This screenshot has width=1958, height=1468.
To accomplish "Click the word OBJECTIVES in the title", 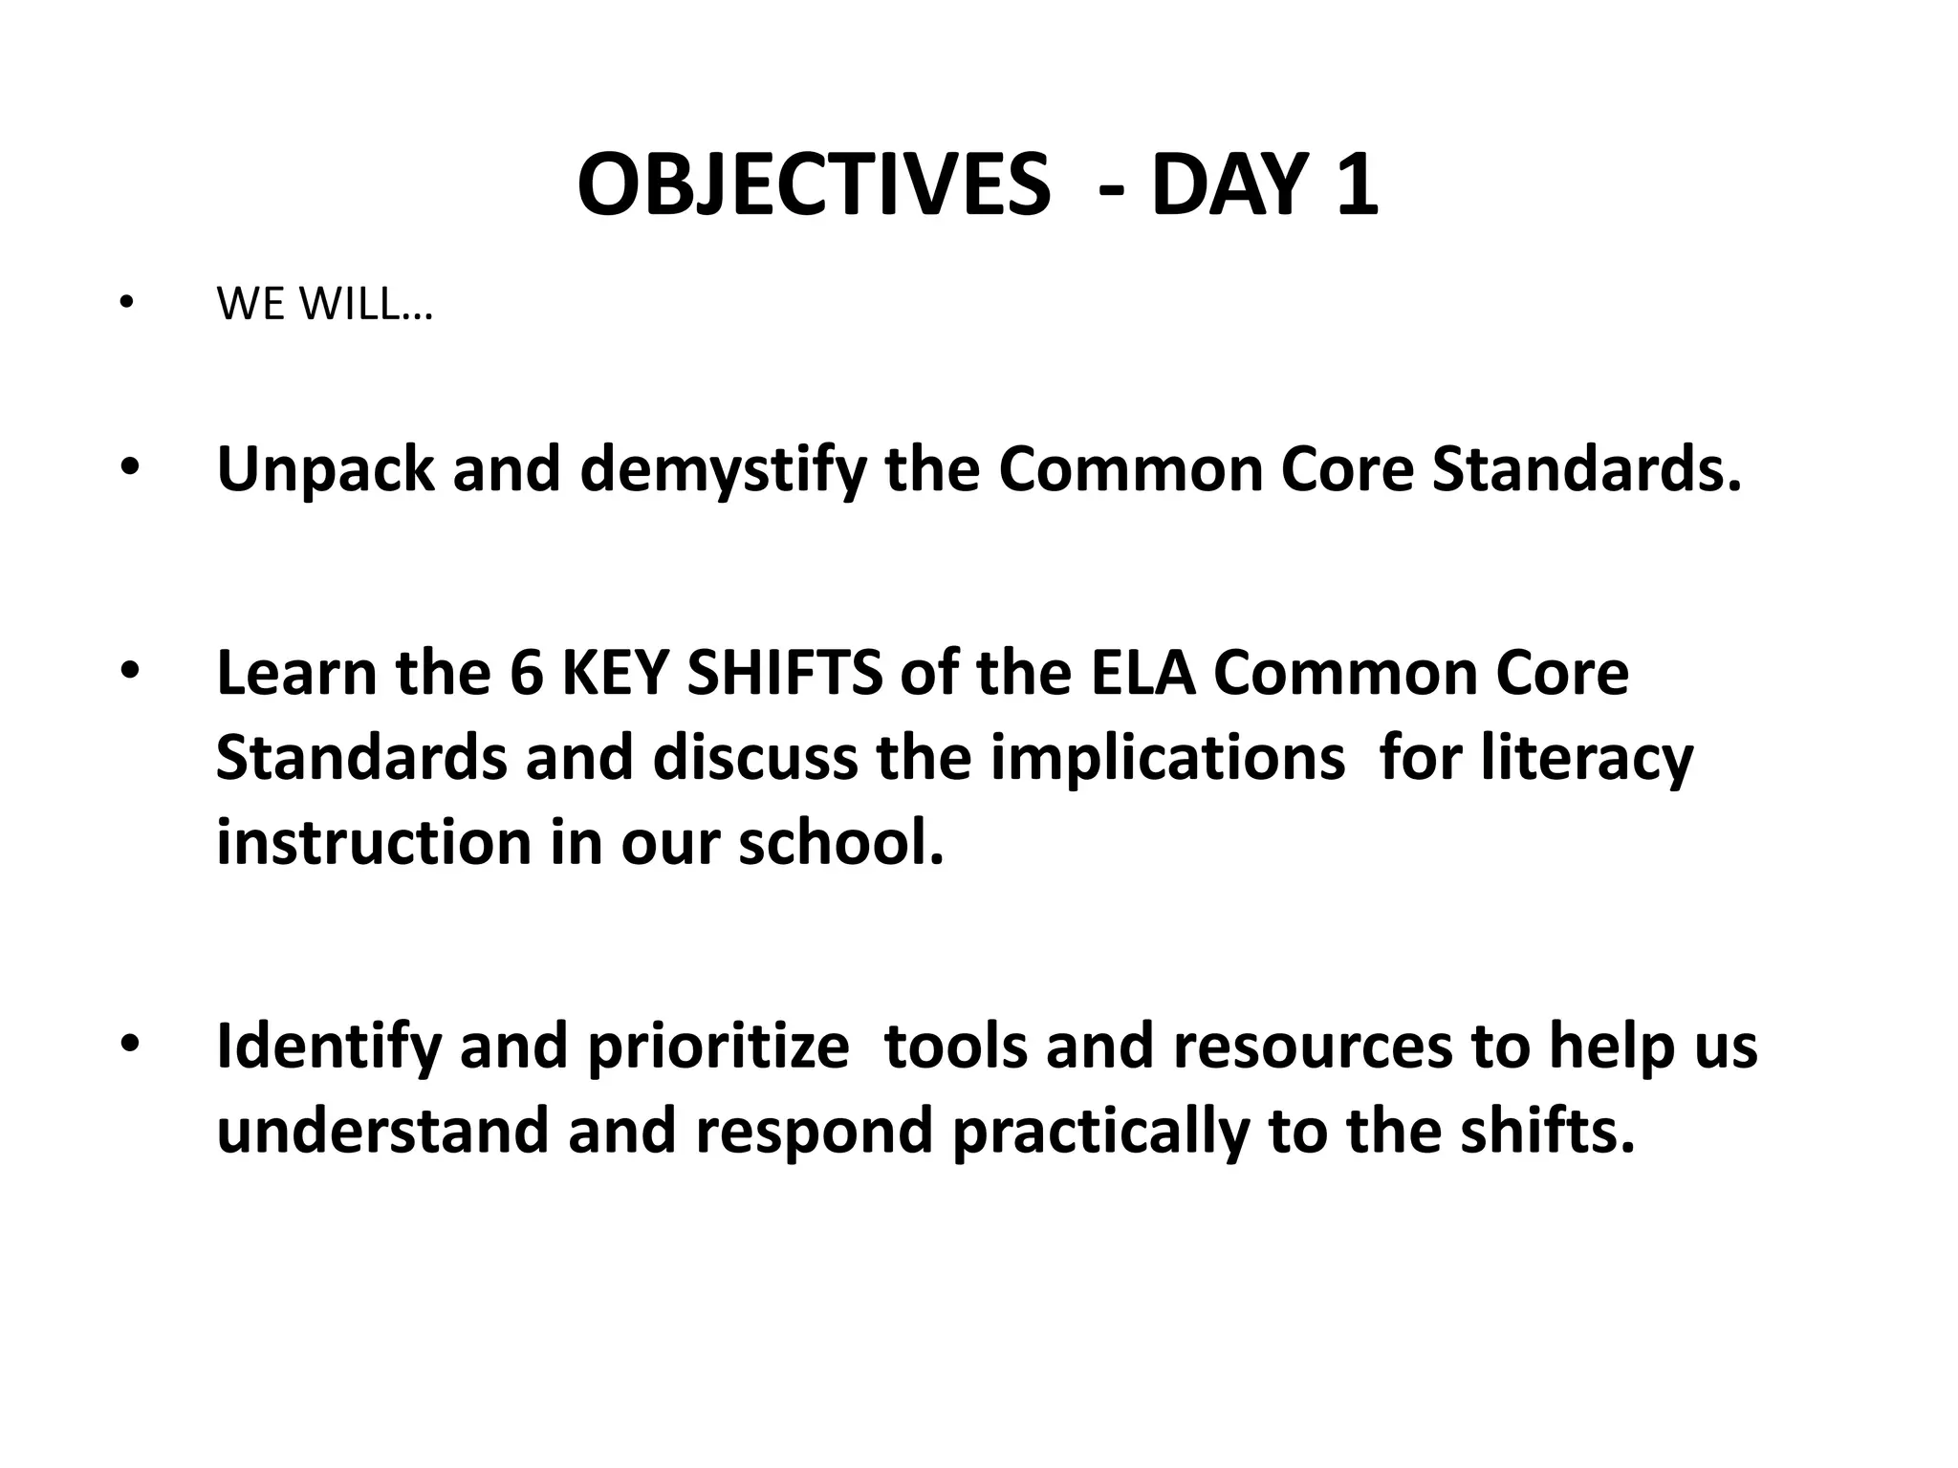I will (x=814, y=185).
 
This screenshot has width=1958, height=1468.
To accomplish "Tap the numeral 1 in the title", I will (x=1358, y=185).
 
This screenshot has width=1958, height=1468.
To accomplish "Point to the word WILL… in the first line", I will (x=366, y=305).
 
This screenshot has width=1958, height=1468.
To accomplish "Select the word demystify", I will (x=723, y=470).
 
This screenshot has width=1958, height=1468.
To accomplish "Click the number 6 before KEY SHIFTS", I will (x=526, y=673).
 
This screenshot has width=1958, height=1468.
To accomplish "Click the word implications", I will (x=1167, y=757).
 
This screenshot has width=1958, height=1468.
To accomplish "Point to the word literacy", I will (x=1587, y=757).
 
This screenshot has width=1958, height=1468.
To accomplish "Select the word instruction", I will (x=374, y=842).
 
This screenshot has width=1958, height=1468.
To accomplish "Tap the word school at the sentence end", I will (x=840, y=842).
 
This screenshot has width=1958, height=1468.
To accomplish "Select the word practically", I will (x=1100, y=1131).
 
